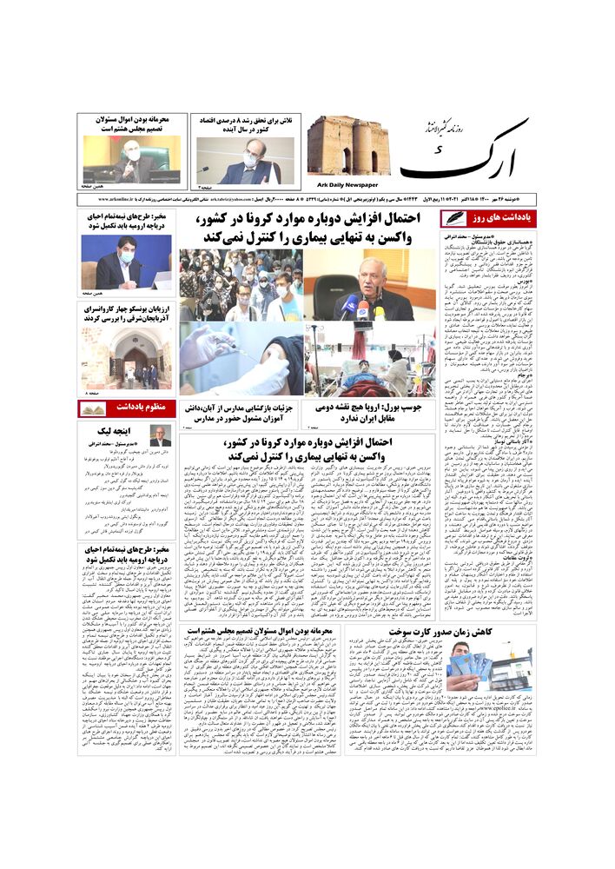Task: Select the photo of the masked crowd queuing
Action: coord(241,285)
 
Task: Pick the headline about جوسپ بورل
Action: coord(372,412)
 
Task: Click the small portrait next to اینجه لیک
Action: coord(161,435)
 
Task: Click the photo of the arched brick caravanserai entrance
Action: coord(127,358)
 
